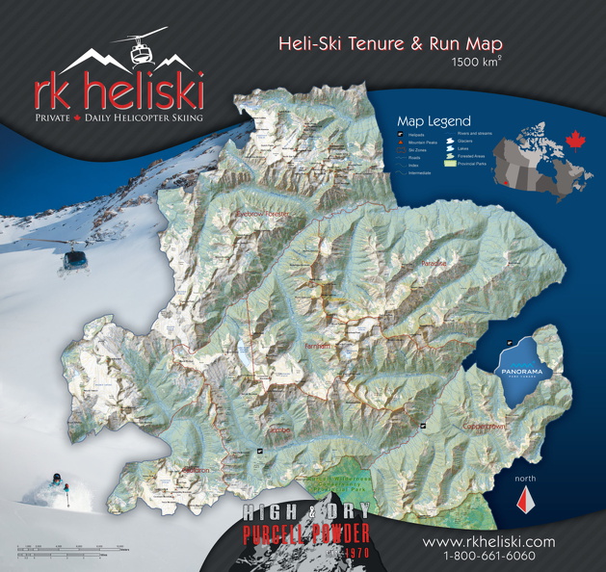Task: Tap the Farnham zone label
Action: pos(317,345)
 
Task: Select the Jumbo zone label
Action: pos(279,430)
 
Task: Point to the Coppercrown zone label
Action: pos(484,425)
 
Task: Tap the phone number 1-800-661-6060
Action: pos(488,557)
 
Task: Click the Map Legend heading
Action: pos(435,121)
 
